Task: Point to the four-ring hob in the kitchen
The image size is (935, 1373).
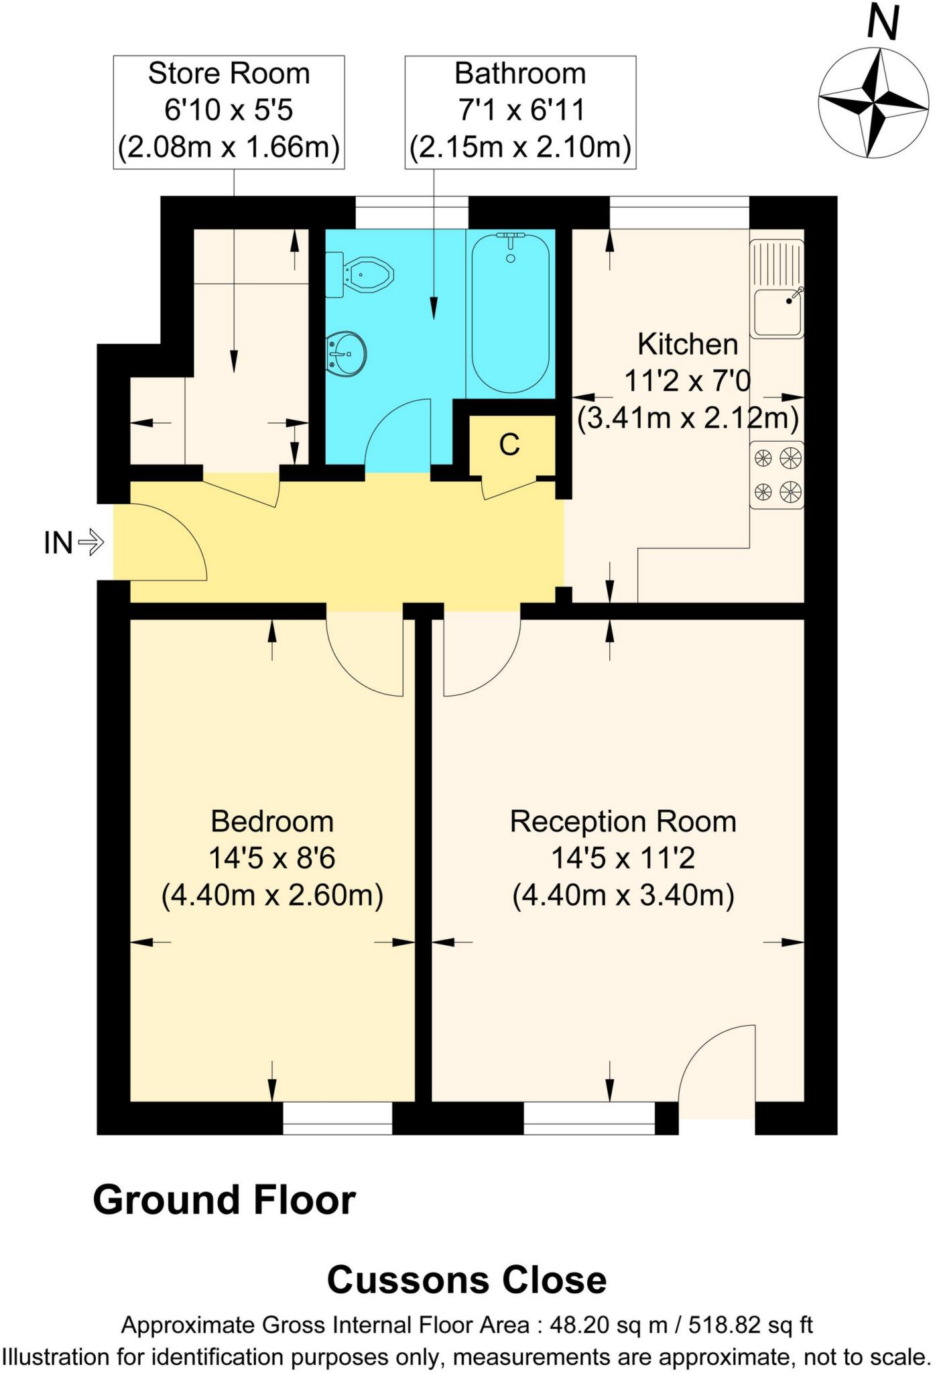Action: [777, 475]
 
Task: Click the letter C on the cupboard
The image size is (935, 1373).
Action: [509, 444]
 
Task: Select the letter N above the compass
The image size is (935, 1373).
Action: [882, 23]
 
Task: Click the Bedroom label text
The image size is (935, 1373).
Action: [272, 821]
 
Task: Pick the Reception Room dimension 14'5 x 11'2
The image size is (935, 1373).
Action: [623, 858]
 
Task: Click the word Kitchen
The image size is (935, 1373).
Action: [688, 345]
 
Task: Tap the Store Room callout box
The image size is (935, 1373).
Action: [229, 111]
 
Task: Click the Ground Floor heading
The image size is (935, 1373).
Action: [225, 1200]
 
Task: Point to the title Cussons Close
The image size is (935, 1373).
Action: [466, 1280]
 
